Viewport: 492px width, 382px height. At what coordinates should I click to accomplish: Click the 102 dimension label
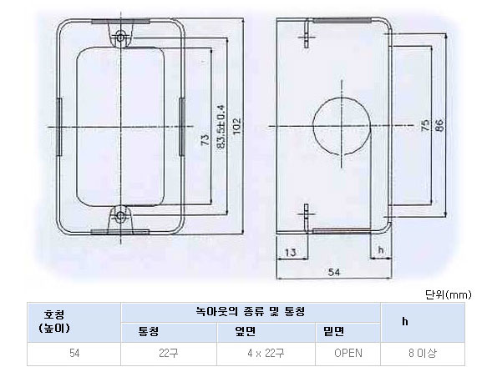[237, 126]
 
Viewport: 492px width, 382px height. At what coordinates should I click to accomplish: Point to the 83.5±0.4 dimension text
[221, 126]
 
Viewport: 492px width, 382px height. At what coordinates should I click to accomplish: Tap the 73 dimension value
[205, 139]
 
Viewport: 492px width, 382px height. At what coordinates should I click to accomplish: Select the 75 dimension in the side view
[425, 125]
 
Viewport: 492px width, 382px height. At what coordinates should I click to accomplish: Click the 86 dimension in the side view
[439, 125]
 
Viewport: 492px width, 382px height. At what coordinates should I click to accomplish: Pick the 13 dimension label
[290, 252]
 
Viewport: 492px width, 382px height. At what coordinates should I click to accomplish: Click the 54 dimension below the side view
[333, 272]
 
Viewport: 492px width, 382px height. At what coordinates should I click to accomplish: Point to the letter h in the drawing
[381, 249]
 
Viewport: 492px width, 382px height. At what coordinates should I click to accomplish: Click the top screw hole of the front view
[121, 38]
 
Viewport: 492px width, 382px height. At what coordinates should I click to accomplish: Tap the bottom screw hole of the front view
[121, 215]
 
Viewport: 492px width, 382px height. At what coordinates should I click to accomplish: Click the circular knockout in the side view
[342, 126]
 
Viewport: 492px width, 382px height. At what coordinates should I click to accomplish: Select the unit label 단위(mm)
[448, 294]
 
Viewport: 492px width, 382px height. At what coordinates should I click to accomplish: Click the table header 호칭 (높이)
[54, 321]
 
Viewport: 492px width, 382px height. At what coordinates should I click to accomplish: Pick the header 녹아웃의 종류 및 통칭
[251, 312]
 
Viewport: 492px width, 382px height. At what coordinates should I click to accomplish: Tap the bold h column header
[405, 321]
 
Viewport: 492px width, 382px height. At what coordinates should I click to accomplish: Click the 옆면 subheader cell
[245, 332]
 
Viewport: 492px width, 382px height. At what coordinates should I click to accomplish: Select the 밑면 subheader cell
[334, 332]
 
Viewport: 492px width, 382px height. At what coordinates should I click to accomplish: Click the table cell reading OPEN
[348, 353]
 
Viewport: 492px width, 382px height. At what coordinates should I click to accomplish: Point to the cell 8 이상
[423, 353]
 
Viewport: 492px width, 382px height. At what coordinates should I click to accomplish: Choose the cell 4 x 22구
[266, 353]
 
